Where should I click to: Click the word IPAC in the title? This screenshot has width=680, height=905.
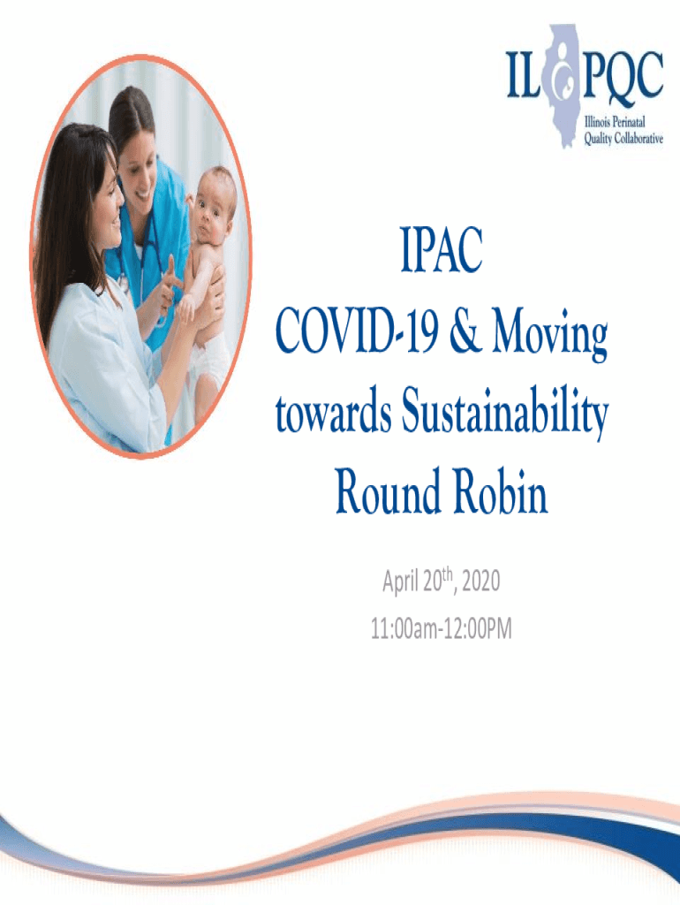click(442, 250)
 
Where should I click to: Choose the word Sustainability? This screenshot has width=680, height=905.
click(505, 414)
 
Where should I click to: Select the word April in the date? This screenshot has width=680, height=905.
click(401, 582)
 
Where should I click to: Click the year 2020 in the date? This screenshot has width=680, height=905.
click(481, 582)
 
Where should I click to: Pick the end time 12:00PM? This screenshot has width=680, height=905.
click(477, 629)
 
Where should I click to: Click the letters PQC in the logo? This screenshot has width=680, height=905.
click(623, 75)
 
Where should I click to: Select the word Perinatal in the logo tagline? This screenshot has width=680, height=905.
click(629, 122)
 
